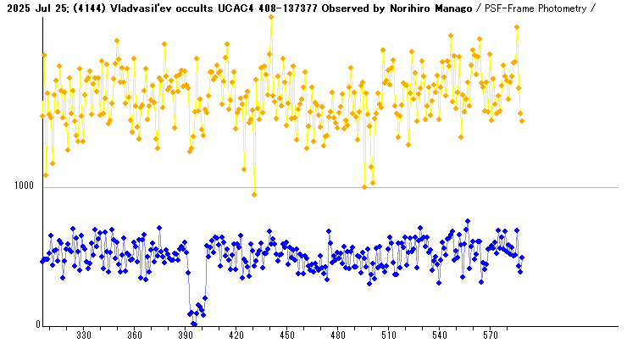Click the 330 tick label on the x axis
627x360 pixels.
point(84,336)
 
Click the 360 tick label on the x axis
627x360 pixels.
point(135,336)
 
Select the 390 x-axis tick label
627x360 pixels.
point(186,336)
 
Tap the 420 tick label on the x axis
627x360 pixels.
point(236,336)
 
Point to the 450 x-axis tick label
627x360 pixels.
point(287,336)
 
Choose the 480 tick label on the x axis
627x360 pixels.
point(338,336)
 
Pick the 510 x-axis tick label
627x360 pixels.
point(389,336)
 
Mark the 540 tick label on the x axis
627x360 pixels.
point(440,336)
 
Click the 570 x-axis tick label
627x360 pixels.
point(491,336)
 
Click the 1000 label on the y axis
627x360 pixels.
point(24,186)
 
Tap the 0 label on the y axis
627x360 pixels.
point(36,324)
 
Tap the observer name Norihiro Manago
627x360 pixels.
point(430,8)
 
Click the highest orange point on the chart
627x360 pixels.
point(271,16)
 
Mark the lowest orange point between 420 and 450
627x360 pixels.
point(254,195)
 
